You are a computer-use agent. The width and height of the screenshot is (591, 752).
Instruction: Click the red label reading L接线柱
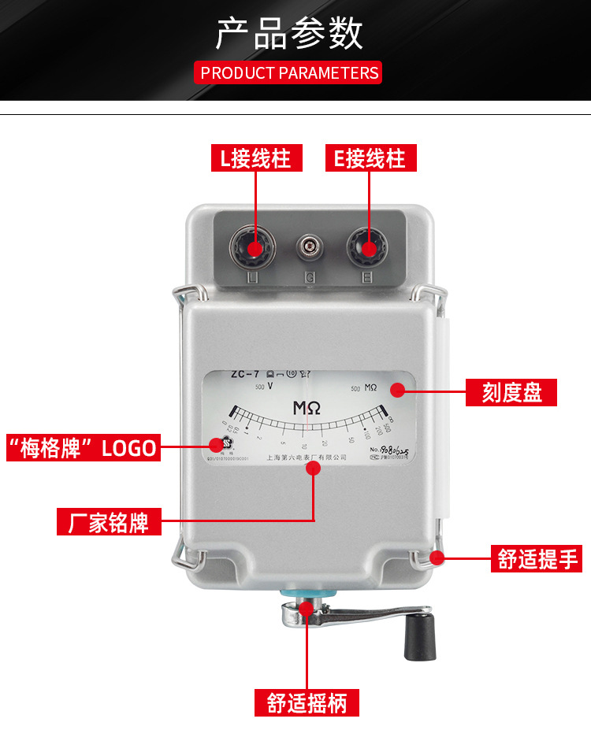255,158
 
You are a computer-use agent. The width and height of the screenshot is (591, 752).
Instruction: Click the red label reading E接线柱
370,158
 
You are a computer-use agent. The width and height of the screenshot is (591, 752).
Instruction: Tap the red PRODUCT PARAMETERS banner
288,73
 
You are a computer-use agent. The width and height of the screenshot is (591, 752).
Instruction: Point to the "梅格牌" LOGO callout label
82,447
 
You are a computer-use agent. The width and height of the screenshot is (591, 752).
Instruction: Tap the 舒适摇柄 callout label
307,702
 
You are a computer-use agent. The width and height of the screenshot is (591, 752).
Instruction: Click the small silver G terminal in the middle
310,249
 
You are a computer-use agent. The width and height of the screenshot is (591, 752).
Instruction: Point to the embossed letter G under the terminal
310,277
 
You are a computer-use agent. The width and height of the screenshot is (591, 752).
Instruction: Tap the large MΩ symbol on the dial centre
307,409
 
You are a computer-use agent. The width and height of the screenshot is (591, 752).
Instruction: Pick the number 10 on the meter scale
304,446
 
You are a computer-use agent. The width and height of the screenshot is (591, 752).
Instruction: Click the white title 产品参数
288,34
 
